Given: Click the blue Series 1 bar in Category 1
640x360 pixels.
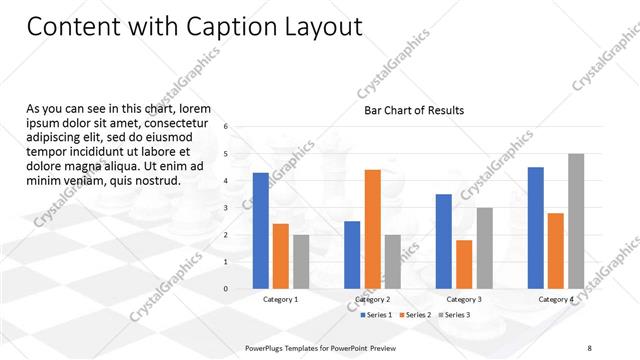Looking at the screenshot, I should click(260, 230).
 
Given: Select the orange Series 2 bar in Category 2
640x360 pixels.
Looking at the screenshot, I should click(372, 229).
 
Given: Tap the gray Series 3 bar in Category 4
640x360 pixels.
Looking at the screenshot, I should click(575, 221).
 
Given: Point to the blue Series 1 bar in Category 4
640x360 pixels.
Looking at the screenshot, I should click(535, 227).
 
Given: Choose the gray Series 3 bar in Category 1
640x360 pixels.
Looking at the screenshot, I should click(300, 261).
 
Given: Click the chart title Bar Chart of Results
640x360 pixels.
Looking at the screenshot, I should click(413, 110).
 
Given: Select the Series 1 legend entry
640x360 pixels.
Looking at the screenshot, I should click(376, 315).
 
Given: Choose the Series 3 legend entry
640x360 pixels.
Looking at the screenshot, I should click(456, 315).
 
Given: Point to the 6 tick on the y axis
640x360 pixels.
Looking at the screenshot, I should click(227, 127).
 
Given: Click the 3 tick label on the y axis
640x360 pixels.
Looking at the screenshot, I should click(227, 208).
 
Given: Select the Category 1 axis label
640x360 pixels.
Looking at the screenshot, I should click(280, 299).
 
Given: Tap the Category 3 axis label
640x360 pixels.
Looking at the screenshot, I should click(464, 299).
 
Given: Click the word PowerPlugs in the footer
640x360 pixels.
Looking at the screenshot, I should click(265, 347).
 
